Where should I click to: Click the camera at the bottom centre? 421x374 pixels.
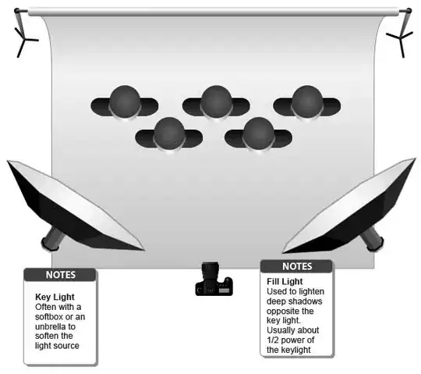[x=213, y=279]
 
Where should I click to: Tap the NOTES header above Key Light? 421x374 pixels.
[x=61, y=275]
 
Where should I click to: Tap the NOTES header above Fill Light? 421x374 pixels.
[x=296, y=266]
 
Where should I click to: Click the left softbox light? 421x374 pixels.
[x=74, y=205]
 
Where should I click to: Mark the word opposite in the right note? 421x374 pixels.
[x=286, y=310]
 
